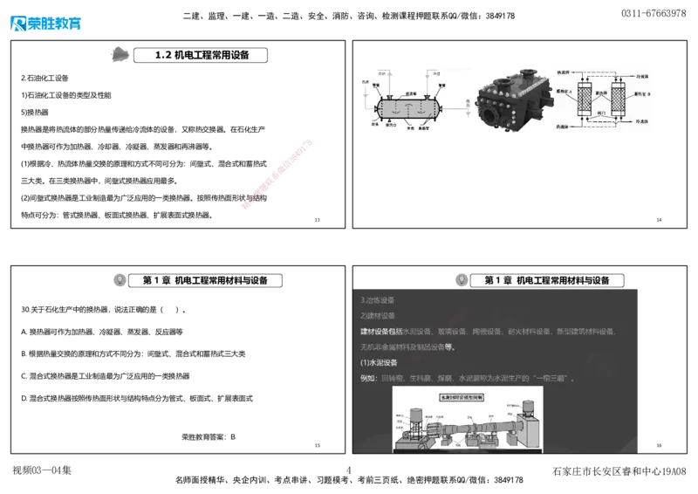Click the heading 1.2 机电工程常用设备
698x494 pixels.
202,55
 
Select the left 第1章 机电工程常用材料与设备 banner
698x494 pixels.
207,280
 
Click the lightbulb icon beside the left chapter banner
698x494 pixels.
120,280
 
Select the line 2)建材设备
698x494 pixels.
378,316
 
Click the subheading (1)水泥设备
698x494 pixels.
379,362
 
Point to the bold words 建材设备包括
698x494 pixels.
381,332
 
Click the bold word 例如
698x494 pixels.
367,378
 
